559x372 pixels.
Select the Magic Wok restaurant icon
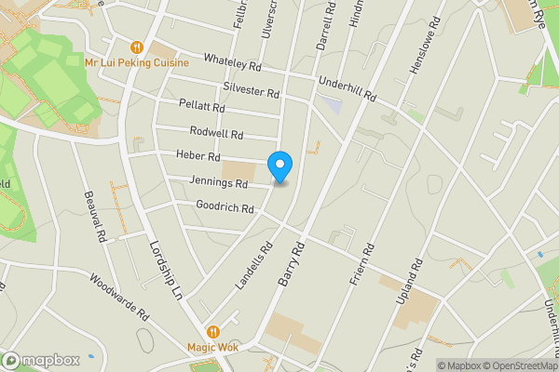coord(213,331)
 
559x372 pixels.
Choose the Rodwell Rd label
coord(215,133)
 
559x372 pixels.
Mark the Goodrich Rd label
coord(225,206)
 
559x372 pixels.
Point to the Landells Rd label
coord(253,262)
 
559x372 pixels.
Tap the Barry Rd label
coord(291,264)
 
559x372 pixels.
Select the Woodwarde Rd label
coord(119,297)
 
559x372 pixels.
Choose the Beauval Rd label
coord(98,213)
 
